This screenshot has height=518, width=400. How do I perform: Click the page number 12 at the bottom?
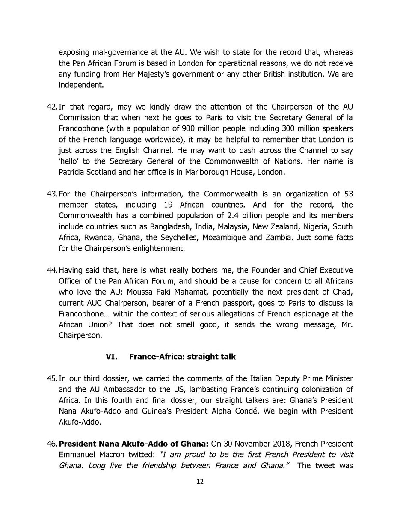point(200,482)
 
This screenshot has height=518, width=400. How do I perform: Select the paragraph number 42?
point(52,107)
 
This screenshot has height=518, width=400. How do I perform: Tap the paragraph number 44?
point(52,271)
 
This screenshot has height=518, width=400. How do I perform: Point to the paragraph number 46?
point(52,444)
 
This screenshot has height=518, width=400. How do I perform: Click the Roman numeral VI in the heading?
point(111,357)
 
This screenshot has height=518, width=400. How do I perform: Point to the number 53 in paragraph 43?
point(348,194)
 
